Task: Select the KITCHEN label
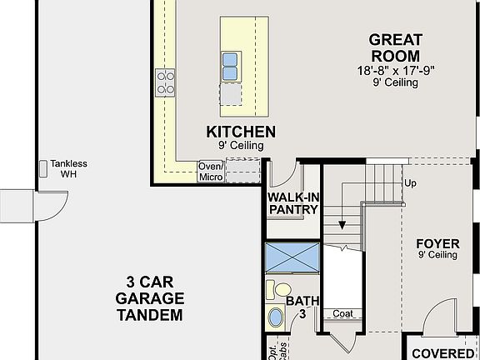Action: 241,132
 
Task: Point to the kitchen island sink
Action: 231,64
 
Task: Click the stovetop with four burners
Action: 165,81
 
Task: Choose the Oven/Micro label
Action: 210,171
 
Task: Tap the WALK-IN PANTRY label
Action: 292,203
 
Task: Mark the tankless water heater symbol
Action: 43,169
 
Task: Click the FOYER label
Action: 437,244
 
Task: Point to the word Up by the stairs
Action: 410,182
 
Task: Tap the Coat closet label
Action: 342,314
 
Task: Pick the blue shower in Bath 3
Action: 292,257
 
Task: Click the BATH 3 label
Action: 302,307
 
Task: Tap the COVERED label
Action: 442,352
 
